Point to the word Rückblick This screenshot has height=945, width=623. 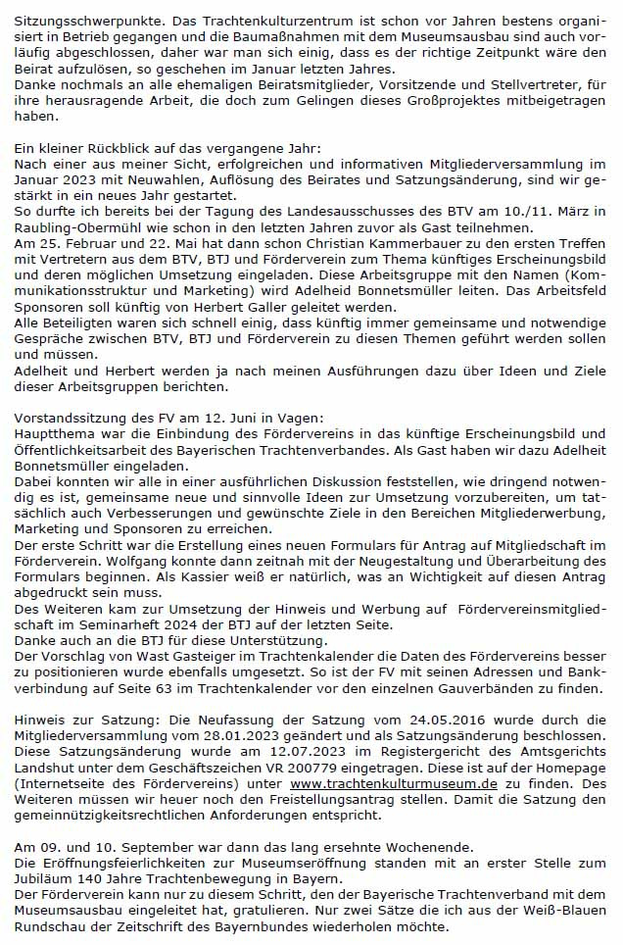click(97, 147)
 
